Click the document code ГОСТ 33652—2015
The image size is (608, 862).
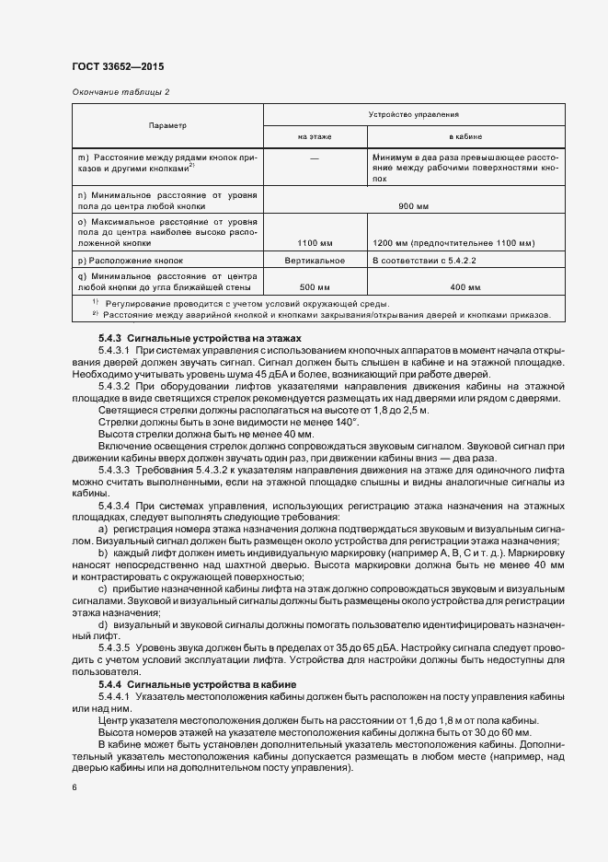click(117, 66)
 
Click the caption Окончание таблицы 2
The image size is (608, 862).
click(120, 92)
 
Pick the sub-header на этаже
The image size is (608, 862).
click(315, 136)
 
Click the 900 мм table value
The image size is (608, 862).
click(413, 205)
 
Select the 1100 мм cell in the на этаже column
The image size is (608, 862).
click(315, 243)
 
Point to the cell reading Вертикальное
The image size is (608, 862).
click(315, 261)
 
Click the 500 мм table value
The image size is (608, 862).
click(315, 287)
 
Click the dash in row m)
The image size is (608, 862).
click(315, 158)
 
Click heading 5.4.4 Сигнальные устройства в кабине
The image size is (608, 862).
click(194, 685)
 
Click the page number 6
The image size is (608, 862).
click(75, 787)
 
